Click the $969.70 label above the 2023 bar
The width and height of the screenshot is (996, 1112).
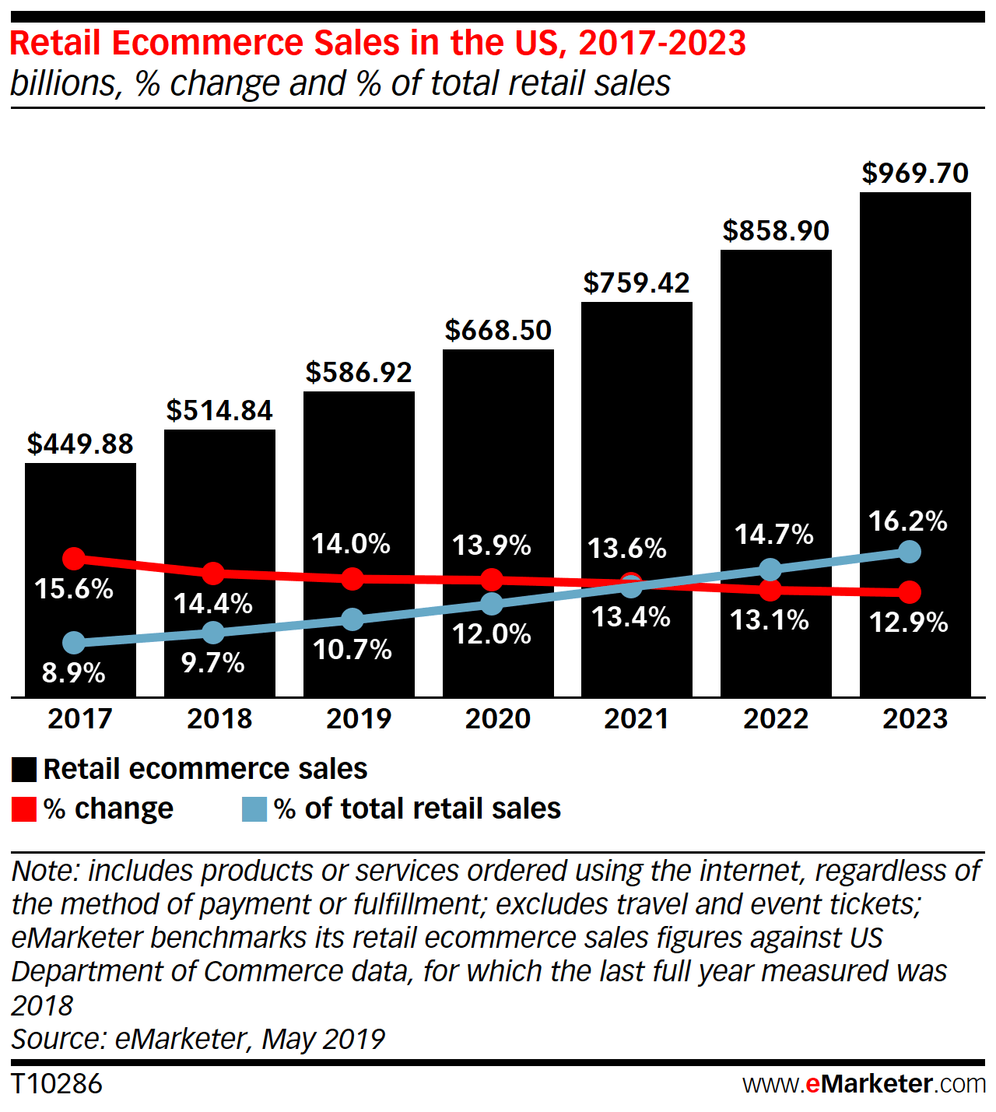tap(915, 173)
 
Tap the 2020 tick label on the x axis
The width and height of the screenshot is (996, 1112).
tap(497, 718)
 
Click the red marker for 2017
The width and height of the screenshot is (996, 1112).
tap(74, 558)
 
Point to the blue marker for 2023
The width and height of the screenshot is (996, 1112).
tap(909, 552)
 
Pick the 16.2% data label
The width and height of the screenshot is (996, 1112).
tap(908, 521)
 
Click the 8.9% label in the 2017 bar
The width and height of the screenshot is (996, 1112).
tap(74, 672)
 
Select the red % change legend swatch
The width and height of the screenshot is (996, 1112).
tap(24, 809)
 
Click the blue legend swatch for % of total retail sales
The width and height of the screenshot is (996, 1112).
tap(254, 809)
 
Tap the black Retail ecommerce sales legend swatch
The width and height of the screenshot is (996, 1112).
tap(24, 770)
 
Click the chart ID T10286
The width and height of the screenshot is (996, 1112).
tap(57, 1084)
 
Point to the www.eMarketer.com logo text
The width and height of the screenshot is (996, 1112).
tap(864, 1084)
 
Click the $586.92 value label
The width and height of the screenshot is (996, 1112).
tap(359, 372)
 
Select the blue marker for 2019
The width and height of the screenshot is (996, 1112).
tap(352, 619)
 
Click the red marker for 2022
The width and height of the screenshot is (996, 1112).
tap(770, 590)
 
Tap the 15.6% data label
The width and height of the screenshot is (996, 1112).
tap(74, 589)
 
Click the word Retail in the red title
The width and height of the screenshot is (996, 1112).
tap(56, 44)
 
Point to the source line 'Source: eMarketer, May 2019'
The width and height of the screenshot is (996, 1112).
tap(198, 1039)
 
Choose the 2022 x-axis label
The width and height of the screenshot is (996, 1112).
tap(776, 718)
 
